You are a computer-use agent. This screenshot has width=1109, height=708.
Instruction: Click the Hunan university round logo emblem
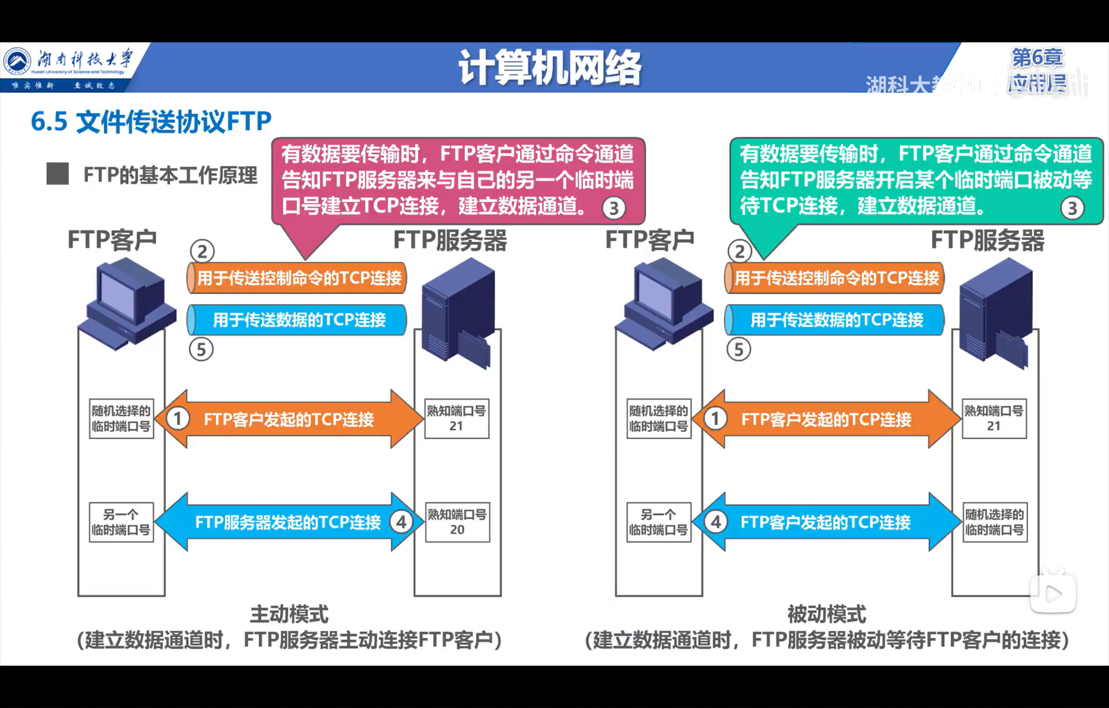click(x=17, y=62)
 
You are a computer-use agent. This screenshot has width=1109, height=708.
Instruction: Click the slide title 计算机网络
click(x=550, y=68)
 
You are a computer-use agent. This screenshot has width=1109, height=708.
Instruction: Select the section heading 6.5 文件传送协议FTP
click(x=151, y=122)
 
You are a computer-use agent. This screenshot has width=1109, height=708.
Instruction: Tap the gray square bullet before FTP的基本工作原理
click(x=58, y=174)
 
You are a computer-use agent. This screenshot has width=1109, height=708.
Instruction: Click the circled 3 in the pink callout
click(x=613, y=209)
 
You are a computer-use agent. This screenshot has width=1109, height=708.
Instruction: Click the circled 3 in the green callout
click(x=1072, y=209)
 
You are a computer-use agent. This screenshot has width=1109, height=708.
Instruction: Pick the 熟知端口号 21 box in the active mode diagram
click(x=456, y=418)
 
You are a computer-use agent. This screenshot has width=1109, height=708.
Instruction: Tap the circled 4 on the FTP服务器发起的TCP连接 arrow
click(x=401, y=522)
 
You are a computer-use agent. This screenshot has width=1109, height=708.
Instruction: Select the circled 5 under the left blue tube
click(x=201, y=349)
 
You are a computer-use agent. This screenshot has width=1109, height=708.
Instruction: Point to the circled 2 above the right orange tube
click(x=740, y=251)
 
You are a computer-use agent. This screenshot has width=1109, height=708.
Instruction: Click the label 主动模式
click(x=289, y=614)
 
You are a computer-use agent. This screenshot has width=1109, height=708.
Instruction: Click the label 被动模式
click(x=827, y=614)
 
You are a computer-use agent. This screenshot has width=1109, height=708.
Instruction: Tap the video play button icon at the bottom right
click(x=1053, y=594)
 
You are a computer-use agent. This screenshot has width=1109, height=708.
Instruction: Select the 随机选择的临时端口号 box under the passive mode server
click(x=995, y=522)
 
